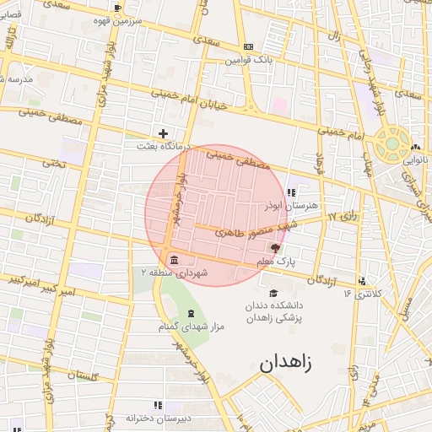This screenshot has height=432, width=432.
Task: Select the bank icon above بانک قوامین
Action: (247, 46)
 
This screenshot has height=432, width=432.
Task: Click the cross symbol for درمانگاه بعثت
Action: (163, 133)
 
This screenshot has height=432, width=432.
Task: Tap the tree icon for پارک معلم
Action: (274, 247)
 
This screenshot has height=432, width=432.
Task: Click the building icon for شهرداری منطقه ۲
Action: (174, 258)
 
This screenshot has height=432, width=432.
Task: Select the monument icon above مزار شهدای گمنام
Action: (189, 313)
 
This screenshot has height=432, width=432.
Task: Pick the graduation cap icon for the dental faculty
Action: (273, 293)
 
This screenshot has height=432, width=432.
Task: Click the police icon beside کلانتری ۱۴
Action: (363, 281)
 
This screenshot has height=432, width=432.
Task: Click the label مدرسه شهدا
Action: (16, 79)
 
